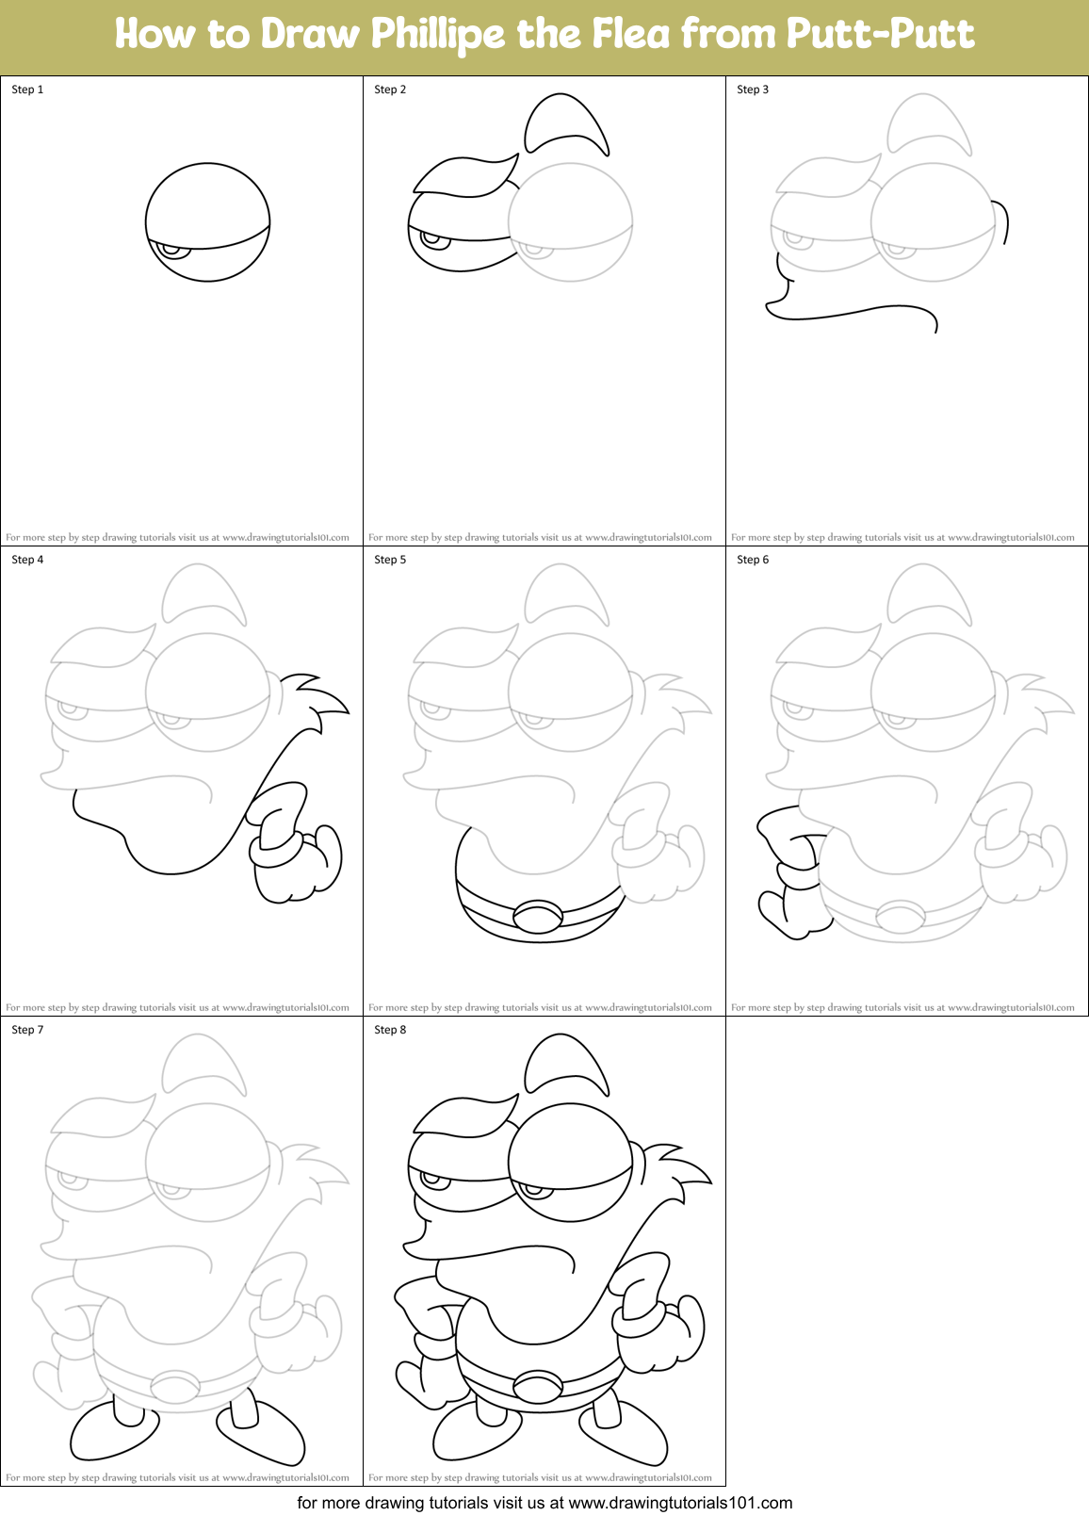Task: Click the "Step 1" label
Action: pos(27,90)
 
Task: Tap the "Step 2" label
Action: pos(390,90)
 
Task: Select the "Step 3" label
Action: pos(753,90)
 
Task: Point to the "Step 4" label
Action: pos(27,560)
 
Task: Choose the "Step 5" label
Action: pos(390,560)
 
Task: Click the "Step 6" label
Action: pos(753,560)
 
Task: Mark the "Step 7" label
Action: pos(27,1030)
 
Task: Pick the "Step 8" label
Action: pos(390,1030)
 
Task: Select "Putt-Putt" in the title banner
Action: pos(880,35)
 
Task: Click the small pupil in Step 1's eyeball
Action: pos(171,250)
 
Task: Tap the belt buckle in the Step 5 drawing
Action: pos(538,916)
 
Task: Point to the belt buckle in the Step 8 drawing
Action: pos(538,1386)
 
